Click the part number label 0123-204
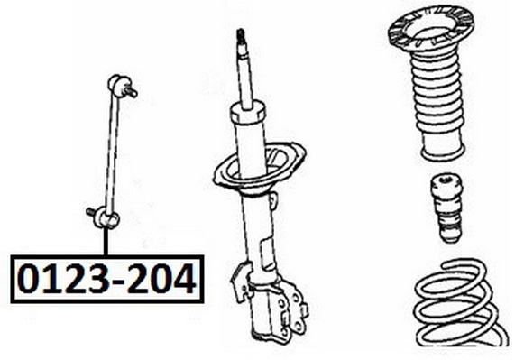pos(107,279)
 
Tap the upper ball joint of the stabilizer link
pos(116,83)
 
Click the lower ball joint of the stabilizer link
pos(107,219)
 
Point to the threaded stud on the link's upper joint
pos(131,92)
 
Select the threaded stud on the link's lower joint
pos(91,212)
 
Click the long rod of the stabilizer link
pos(111,151)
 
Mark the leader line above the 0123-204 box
pos(106,242)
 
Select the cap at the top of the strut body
pos(246,114)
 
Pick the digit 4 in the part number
pos(183,280)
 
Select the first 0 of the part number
pos(29,279)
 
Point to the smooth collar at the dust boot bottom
pos(443,149)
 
